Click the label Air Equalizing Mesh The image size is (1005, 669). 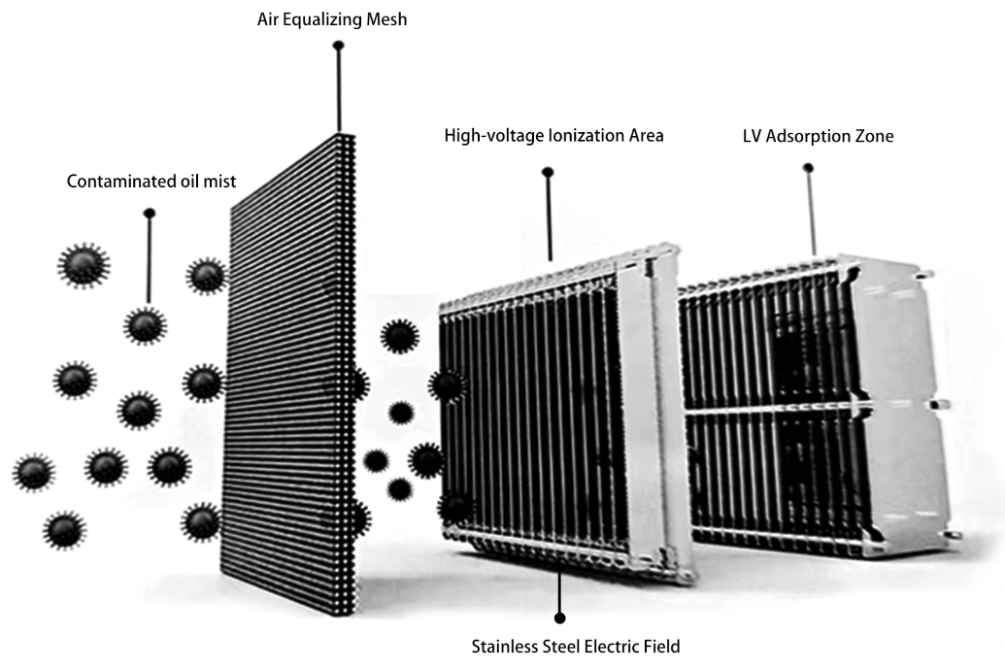pos(332,19)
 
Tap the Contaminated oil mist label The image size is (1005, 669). pos(151,182)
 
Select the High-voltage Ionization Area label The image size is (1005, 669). pos(553,136)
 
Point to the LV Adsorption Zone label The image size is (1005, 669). pos(818,136)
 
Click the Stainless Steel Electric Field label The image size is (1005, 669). pos(576,646)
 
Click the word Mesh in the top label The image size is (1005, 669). pos(386,19)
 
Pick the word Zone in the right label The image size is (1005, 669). pos(875,136)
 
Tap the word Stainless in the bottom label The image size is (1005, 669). pos(504,646)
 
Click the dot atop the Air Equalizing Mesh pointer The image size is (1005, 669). pos(339,46)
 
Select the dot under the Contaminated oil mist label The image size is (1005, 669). pos(150,214)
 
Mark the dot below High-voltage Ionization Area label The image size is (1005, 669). pos(548,173)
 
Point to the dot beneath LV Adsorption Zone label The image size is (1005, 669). pos(808,168)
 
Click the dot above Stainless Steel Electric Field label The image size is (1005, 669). pos(559,618)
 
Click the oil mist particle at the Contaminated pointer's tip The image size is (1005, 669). pos(146,325)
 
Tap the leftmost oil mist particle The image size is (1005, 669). pos(34,473)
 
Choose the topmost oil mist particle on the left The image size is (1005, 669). pos(84,265)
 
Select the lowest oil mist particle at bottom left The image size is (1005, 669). pos(64,530)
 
